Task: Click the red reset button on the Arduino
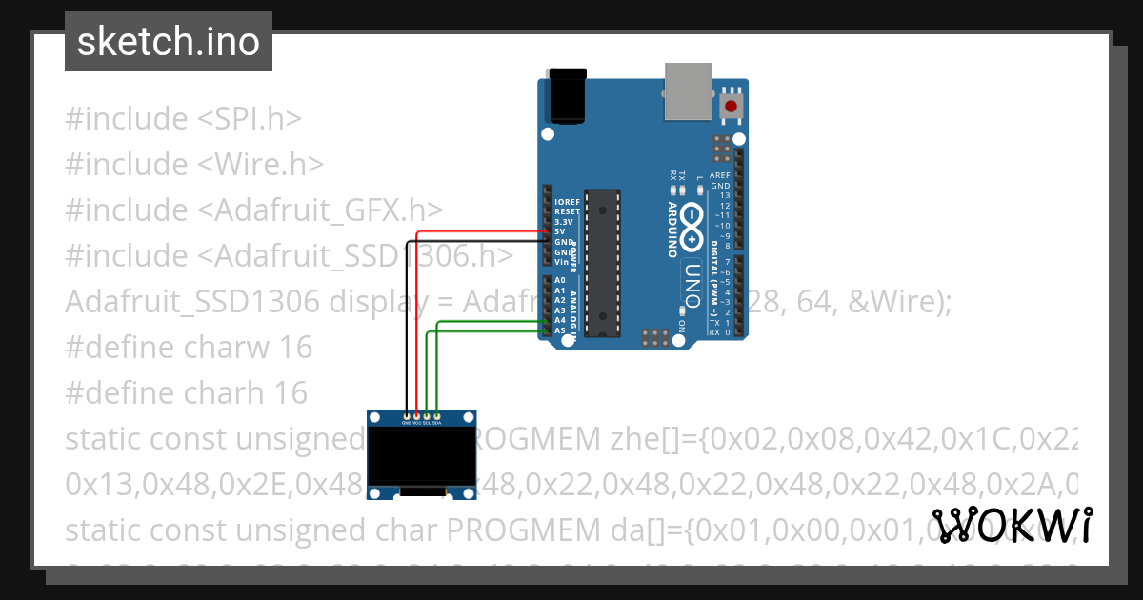coord(732,106)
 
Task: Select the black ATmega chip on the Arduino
coord(603,262)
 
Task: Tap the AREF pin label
coord(721,176)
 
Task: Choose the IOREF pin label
coord(567,202)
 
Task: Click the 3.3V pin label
coord(563,222)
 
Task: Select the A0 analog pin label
coord(560,281)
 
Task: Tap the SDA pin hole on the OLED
coord(436,416)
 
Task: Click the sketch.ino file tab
coord(169,42)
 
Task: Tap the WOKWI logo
coord(1012,525)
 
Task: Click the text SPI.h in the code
coord(250,119)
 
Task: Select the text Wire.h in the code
coord(261,165)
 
